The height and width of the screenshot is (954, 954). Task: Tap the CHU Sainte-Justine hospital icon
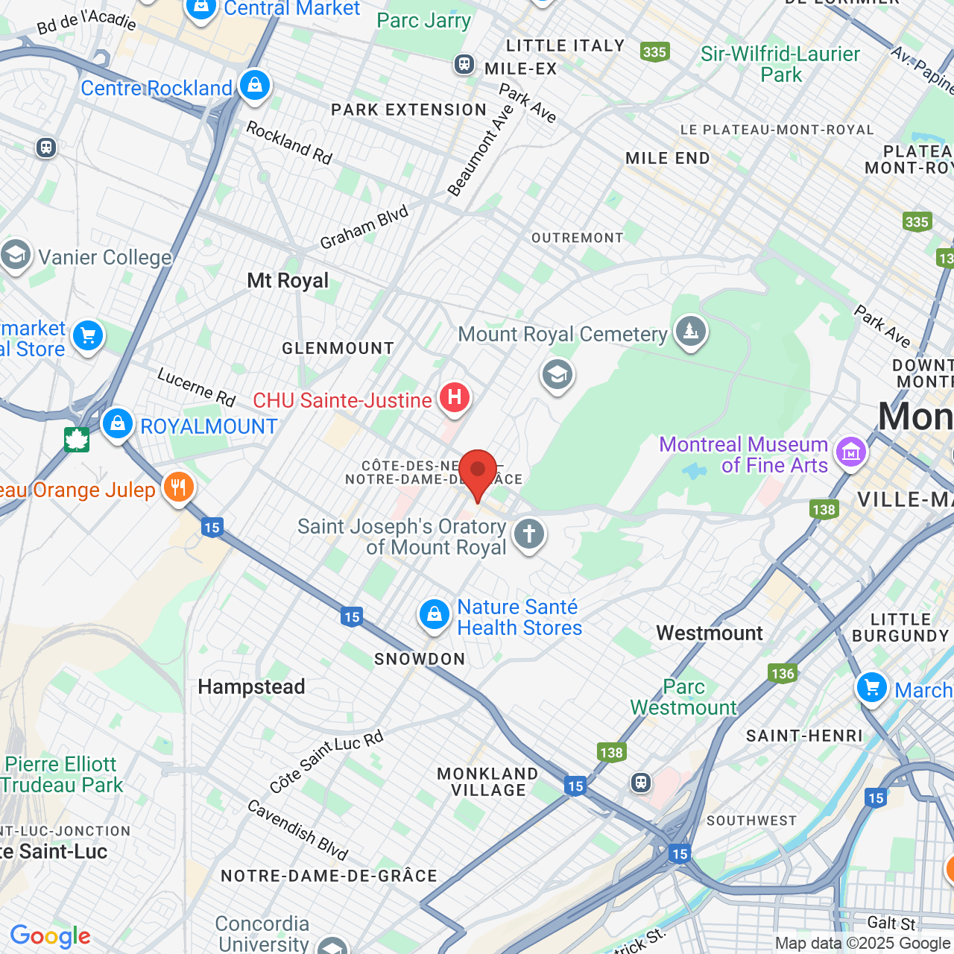coord(454,398)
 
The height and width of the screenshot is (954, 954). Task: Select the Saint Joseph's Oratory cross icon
coord(529,534)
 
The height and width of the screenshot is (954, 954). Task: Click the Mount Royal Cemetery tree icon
coord(690,330)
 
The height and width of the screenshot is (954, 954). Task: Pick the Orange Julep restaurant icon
coord(178,488)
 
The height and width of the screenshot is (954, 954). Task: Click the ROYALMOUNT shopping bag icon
coord(117,424)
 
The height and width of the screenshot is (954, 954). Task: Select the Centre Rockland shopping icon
coord(255,86)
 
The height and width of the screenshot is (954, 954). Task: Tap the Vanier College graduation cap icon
coord(15,255)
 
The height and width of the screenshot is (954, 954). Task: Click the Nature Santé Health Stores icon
coord(434,615)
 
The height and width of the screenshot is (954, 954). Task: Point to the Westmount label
coord(710,634)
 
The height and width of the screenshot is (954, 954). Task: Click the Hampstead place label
coord(251,686)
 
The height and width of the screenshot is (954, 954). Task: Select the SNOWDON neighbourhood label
coord(420,659)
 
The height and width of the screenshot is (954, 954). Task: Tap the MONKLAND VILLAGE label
coord(487,782)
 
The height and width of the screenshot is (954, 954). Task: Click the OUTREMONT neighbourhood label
coord(577,238)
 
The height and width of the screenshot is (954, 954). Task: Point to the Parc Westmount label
coord(683,697)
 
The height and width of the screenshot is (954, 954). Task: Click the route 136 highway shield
coord(783,674)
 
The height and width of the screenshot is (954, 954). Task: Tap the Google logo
coord(51,936)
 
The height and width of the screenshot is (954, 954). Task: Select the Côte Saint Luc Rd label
coord(326,762)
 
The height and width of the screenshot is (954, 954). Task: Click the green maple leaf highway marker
coord(77,440)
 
